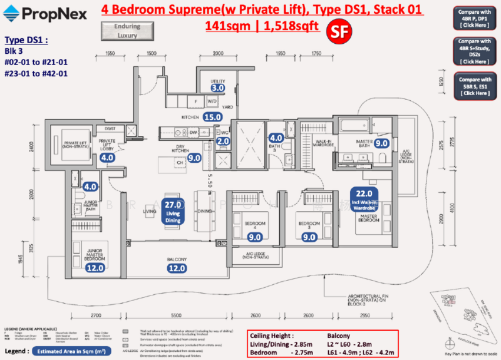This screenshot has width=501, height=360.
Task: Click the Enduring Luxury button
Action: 121,31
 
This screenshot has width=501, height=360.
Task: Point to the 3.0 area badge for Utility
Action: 217,88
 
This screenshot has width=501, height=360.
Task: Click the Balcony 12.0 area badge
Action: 177,268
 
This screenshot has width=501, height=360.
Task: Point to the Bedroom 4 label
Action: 256,224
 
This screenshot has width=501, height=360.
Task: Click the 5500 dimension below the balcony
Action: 177,316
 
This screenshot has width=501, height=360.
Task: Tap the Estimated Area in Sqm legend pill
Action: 64,352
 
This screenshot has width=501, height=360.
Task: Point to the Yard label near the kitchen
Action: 228,107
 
